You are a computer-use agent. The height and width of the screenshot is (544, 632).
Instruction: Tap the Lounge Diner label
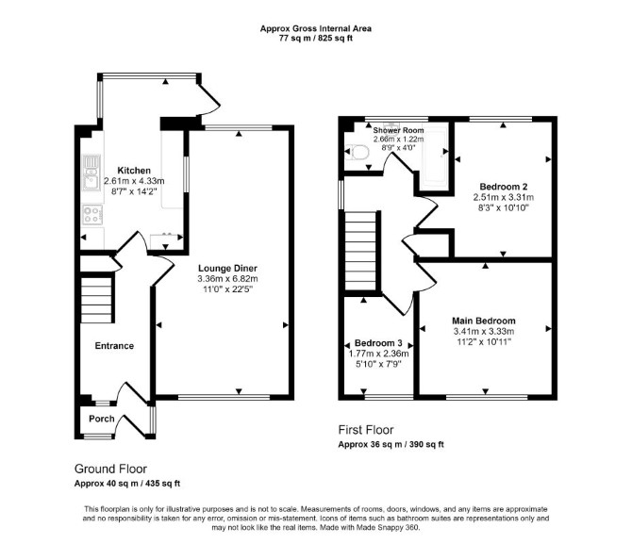point(227,269)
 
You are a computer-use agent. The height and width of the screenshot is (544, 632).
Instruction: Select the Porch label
point(102,419)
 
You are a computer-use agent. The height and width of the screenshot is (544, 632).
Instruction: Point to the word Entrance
point(114,346)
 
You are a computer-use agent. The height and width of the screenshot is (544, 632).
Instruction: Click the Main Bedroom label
point(484,321)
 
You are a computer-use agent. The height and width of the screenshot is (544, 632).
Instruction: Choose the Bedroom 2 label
point(504,187)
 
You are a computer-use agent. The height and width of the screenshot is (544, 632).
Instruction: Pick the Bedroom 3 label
point(378,343)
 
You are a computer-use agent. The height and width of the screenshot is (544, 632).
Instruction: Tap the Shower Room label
point(398,130)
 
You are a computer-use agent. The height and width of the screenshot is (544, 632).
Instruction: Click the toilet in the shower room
point(360,153)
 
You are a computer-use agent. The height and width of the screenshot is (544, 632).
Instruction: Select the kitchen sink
point(91,173)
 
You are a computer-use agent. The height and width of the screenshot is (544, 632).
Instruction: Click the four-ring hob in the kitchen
point(92,214)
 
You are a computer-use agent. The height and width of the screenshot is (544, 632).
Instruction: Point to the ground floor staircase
point(97,298)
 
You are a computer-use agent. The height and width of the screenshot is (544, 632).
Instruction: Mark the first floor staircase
point(360,251)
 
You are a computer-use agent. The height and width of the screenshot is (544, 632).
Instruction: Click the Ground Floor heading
point(111,470)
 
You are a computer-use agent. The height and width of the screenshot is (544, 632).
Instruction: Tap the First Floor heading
point(366,430)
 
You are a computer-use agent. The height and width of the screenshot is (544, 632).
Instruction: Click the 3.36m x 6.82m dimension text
point(227,279)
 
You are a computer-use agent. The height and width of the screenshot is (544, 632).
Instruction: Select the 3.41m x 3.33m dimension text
point(484,332)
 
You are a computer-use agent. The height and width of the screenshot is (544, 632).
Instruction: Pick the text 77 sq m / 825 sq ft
point(316,39)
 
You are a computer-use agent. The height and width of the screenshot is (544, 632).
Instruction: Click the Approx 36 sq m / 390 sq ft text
point(391,445)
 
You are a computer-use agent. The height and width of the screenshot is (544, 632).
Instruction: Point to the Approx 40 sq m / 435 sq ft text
point(127,484)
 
